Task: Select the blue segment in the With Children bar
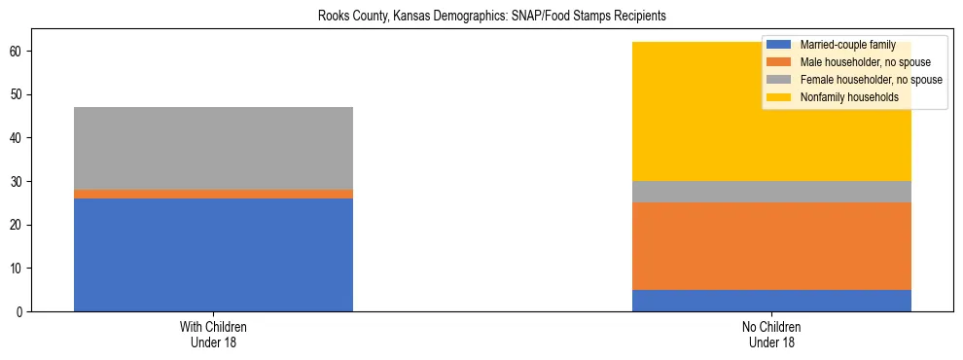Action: (x=213, y=255)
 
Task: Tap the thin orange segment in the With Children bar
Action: (x=213, y=195)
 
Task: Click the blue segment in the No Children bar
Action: (x=771, y=301)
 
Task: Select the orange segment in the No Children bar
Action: (x=771, y=246)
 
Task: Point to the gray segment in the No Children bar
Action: (x=771, y=192)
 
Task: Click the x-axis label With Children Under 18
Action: (x=213, y=335)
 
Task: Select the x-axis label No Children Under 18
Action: (x=771, y=335)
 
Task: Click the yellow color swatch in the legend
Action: (x=779, y=97)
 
